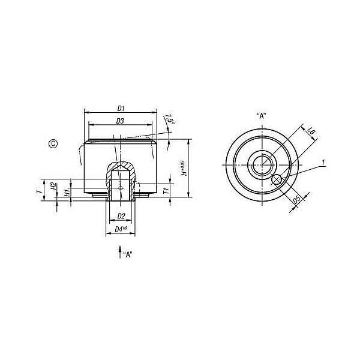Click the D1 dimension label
(x=121, y=109)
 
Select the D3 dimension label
(x=120, y=121)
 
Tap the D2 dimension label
(x=121, y=216)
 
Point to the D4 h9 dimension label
(x=121, y=229)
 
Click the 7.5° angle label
(x=170, y=119)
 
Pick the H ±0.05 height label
(x=184, y=168)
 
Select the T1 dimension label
(x=166, y=191)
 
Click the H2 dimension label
(x=53, y=186)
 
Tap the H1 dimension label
(x=67, y=193)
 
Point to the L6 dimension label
(x=311, y=132)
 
